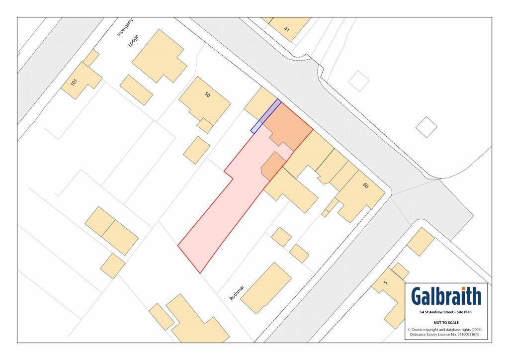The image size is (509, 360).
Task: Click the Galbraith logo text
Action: [446, 296]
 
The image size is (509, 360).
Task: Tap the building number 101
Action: [74, 83]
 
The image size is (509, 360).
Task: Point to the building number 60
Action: [366, 186]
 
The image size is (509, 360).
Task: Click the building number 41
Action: [287, 29]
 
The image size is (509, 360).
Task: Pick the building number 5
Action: [385, 283]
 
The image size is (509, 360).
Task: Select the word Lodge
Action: [132, 40]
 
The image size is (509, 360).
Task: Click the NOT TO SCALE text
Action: [446, 323]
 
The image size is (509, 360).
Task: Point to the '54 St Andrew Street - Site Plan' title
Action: [446, 312]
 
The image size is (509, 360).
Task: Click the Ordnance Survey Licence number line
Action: [446, 335]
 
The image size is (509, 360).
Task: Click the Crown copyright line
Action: [446, 330]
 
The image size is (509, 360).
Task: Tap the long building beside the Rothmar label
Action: [266, 288]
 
